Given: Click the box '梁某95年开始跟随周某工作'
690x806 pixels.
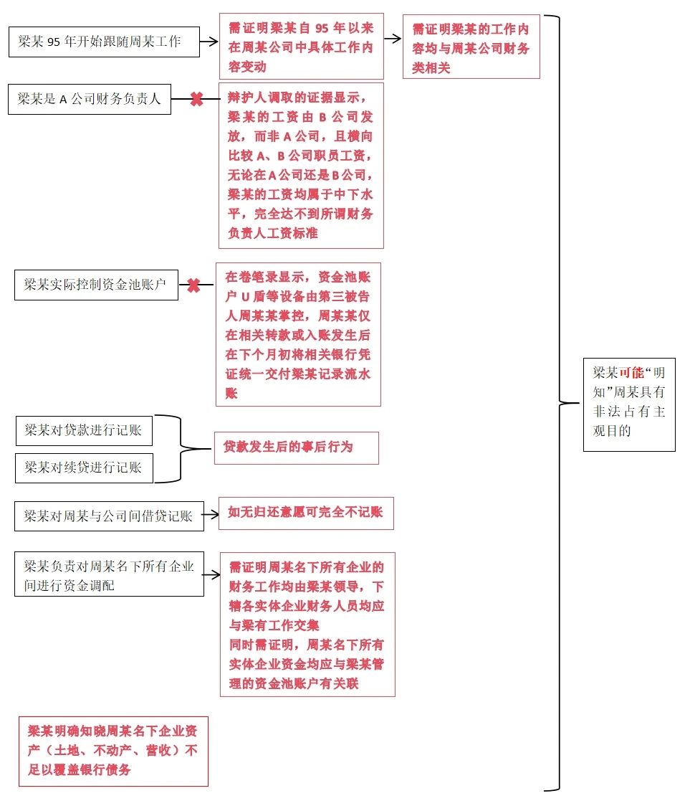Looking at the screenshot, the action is (x=104, y=42).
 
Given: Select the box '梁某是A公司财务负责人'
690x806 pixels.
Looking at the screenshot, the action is (x=90, y=99).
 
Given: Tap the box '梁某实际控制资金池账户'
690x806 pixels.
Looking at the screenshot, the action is (x=96, y=285).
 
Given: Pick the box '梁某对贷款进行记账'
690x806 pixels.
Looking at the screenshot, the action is (x=84, y=430).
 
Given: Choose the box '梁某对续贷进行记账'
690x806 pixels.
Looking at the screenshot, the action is (x=85, y=468).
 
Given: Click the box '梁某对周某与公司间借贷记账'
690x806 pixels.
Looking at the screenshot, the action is (x=109, y=516).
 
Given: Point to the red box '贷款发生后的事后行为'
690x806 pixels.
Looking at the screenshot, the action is (x=297, y=447).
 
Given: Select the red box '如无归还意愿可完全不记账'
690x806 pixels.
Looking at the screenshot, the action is (x=306, y=513).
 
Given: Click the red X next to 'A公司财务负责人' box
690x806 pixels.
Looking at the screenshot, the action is (x=196, y=99).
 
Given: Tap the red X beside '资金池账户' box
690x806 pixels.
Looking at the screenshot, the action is (x=193, y=285).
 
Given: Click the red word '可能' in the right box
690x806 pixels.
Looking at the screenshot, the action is (x=631, y=373).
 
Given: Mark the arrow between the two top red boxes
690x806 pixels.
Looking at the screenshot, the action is (x=393, y=39).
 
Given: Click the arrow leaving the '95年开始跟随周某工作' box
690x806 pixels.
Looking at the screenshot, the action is (x=209, y=41).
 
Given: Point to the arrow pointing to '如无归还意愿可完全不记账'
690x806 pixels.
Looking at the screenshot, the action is (x=211, y=514).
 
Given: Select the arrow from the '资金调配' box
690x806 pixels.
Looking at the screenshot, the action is (x=211, y=574).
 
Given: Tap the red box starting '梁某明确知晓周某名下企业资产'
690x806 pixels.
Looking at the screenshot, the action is (x=113, y=751).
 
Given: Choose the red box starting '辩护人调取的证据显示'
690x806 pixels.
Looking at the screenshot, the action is (x=301, y=166).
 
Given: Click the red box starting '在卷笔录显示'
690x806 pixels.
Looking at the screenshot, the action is (x=299, y=335).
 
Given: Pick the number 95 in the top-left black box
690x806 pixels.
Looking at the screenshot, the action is (x=54, y=42).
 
